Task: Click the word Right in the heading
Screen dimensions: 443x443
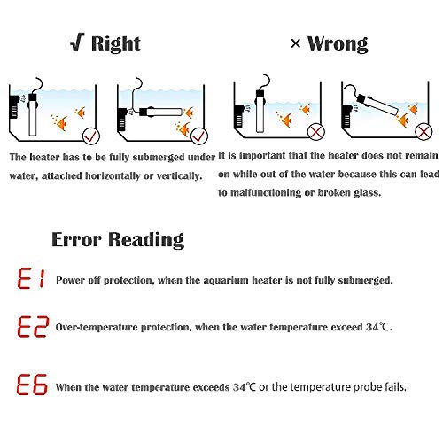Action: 116,44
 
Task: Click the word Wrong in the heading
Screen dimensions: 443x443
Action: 338,44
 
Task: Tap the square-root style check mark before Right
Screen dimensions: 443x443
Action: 77,42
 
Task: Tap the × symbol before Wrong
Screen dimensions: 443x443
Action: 296,44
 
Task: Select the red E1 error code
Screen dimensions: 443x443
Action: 31,278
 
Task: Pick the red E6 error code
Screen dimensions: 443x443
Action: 32,384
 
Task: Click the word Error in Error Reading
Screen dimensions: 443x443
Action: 76,239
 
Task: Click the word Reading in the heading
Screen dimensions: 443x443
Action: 146,240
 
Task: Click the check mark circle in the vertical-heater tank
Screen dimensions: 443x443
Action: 91,136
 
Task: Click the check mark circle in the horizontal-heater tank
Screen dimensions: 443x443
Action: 199,136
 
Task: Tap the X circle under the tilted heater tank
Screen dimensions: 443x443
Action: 424,132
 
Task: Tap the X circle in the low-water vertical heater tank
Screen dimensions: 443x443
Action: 316,132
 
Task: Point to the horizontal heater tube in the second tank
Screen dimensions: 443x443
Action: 160,113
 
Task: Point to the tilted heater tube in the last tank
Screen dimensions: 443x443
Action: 377,105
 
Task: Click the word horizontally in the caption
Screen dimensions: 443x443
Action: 113,176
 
